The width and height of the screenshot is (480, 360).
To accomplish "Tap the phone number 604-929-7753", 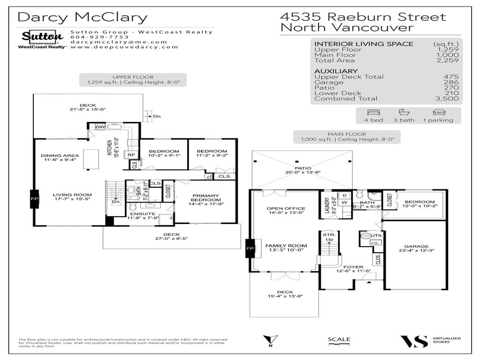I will tap(93, 37).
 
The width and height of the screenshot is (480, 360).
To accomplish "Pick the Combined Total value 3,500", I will tap(447, 98).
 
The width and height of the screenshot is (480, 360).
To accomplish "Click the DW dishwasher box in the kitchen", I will tap(99, 127).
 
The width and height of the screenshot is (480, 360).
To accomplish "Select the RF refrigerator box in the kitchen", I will tap(131, 155).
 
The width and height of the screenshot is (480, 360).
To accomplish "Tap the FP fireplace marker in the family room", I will tap(250, 248).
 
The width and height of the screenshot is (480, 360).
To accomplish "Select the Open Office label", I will tap(285, 209).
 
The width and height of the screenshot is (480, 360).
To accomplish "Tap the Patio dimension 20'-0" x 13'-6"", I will tap(303, 172).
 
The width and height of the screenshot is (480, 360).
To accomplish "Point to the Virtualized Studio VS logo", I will tap(414, 341).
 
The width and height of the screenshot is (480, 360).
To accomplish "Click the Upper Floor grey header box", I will tap(133, 80).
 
